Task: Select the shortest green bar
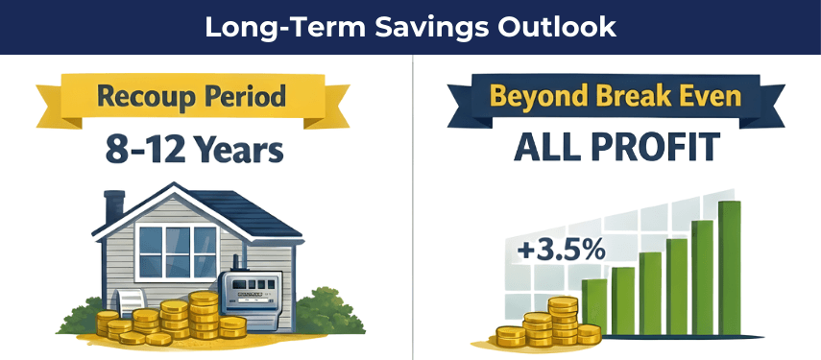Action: click(594, 311)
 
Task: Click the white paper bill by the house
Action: click(127, 304)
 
